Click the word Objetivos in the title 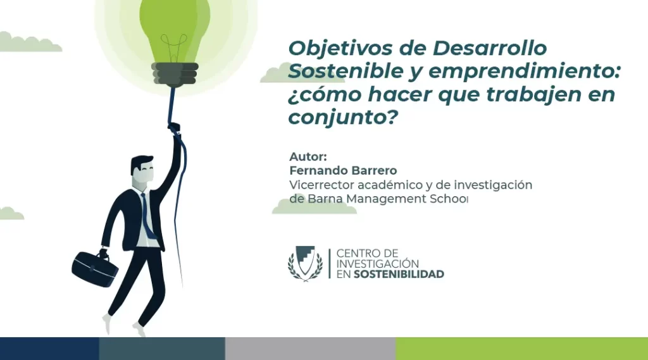click(x=340, y=48)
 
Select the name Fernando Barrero click(x=343, y=170)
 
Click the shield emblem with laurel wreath click(x=305, y=263)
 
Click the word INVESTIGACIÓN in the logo click(x=377, y=264)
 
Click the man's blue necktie click(x=147, y=216)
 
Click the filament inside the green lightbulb click(x=173, y=46)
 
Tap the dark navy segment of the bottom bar click(x=49, y=349)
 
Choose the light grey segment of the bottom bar click(x=310, y=349)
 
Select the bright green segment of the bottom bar click(x=522, y=349)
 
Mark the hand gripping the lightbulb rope click(x=175, y=128)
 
